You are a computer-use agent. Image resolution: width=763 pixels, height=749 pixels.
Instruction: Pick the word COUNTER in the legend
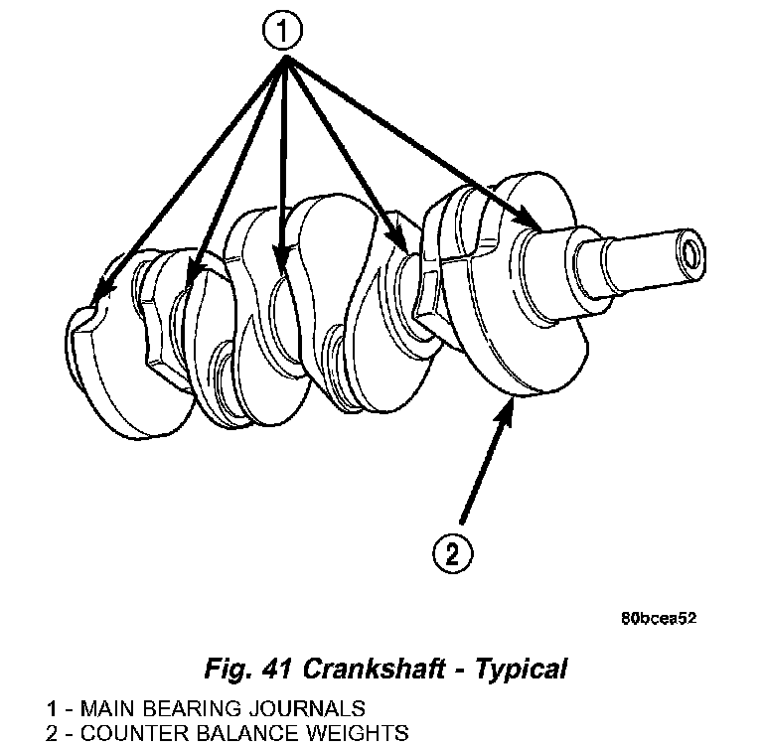117,734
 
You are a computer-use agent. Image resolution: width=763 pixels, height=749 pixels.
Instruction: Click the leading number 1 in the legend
51,709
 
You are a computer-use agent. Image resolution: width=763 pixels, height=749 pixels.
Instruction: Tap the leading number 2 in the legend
51,734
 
